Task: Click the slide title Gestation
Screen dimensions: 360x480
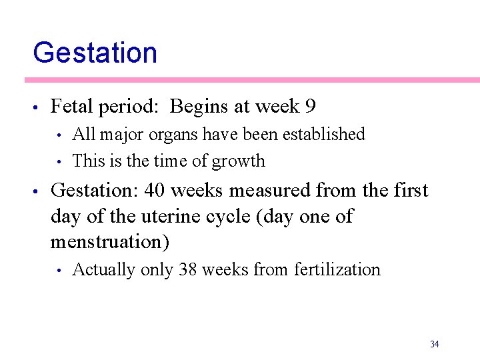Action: [x=95, y=53]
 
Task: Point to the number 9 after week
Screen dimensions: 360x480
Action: [x=310, y=107]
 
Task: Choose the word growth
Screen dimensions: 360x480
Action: [x=243, y=161]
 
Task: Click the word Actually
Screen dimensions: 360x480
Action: [x=99, y=270]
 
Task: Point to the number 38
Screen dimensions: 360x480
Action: [x=188, y=270]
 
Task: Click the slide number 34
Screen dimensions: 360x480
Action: [x=434, y=344]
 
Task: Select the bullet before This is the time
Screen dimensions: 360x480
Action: [x=60, y=162]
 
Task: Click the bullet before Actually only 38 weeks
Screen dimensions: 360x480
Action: [x=60, y=271]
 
